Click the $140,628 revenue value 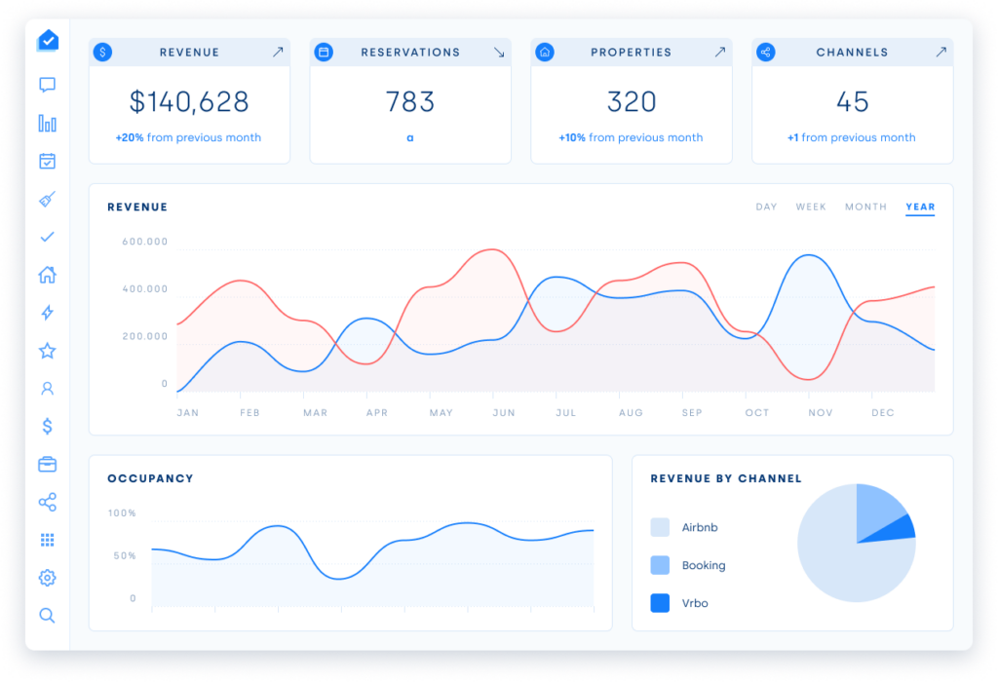coord(189,101)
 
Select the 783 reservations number coord(410,101)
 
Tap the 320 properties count coord(631,101)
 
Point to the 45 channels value coord(852,101)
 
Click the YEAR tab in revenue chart coord(920,207)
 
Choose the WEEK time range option coord(811,207)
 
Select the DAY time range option coord(766,207)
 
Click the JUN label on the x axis coord(504,413)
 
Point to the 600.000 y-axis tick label coord(145,242)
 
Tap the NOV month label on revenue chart coord(820,413)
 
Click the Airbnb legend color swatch coord(660,527)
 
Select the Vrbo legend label coord(695,603)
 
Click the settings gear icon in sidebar coord(47,578)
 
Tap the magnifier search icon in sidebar coord(47,615)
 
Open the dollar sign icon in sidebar coord(47,426)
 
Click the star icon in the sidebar coord(47,351)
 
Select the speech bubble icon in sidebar coord(47,85)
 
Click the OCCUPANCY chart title coord(150,478)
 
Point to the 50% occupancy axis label coord(125,555)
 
